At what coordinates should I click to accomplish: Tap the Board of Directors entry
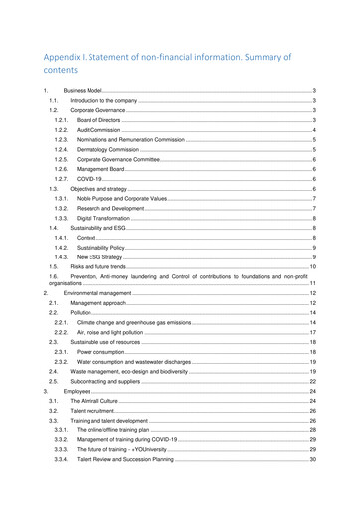99,120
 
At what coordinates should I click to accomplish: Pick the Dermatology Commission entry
104,149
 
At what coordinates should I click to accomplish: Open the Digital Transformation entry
103,217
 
